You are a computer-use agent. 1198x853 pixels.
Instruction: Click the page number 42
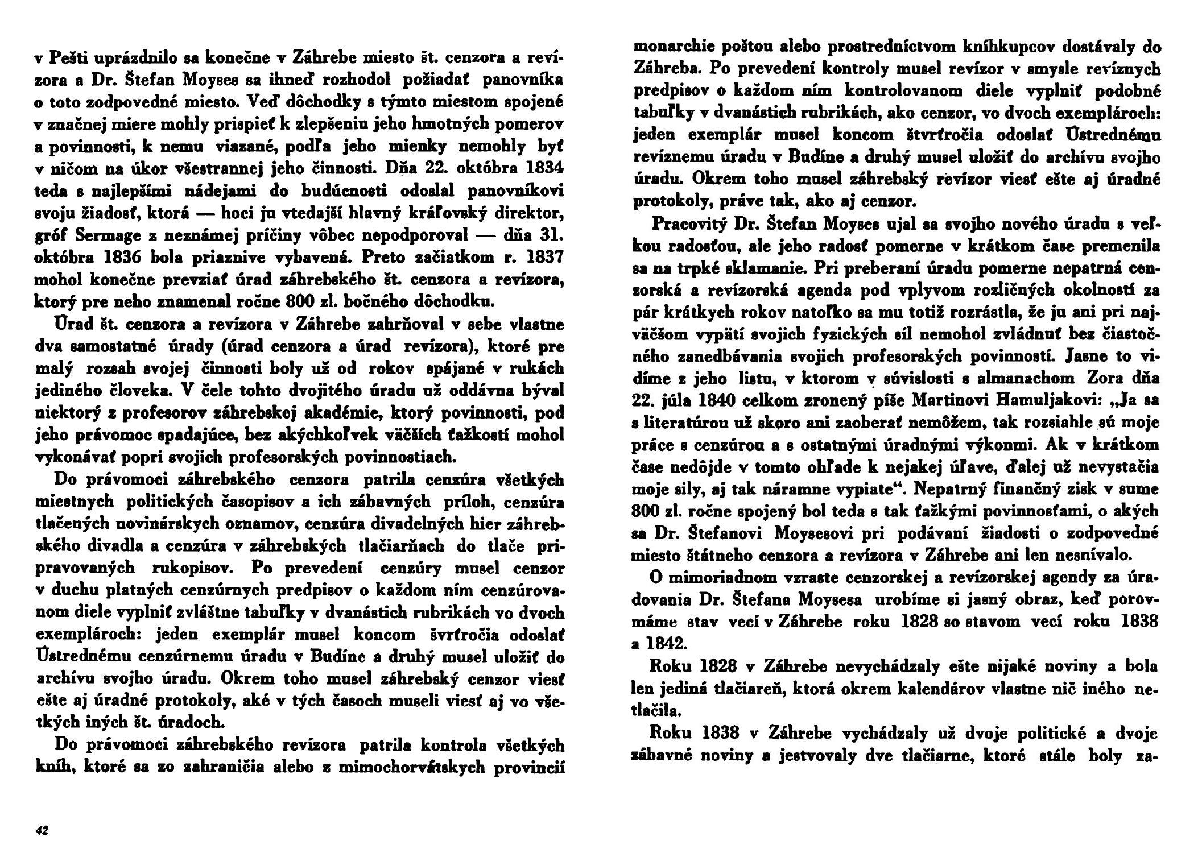pyautogui.click(x=42, y=830)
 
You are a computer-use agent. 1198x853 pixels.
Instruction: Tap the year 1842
pyautogui.click(x=674, y=643)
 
